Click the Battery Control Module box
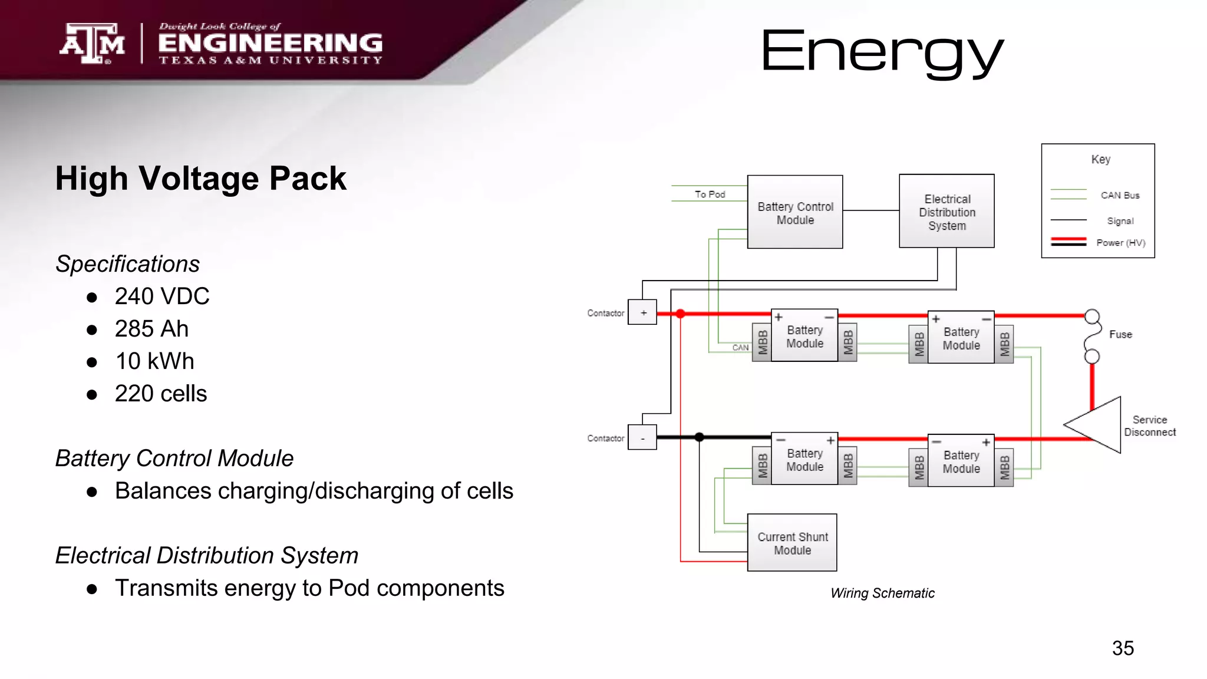(794, 212)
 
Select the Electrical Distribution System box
(947, 212)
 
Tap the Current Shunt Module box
(792, 543)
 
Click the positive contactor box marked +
(642, 312)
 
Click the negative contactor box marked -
(642, 438)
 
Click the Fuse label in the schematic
(1120, 334)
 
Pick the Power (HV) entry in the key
(1120, 243)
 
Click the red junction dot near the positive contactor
(680, 314)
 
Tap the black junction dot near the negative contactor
(699, 437)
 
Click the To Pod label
(710, 194)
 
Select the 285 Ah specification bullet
(151, 329)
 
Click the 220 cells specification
(160, 394)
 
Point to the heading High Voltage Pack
(200, 179)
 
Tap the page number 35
(1123, 648)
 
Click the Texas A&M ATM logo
(93, 43)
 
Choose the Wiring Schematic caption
(882, 593)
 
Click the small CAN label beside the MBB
(740, 348)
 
